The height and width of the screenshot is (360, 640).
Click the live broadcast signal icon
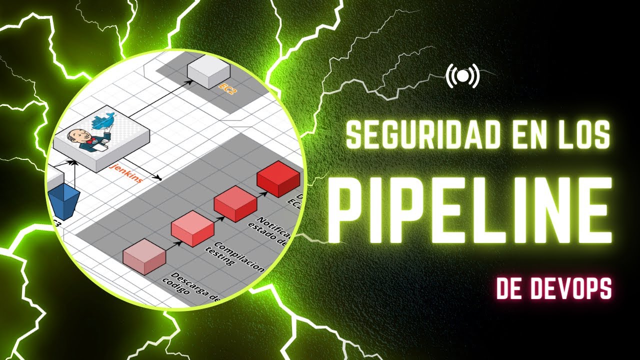pyautogui.click(x=462, y=76)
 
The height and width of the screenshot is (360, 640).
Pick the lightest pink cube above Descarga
pyautogui.click(x=144, y=256)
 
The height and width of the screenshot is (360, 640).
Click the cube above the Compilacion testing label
pyautogui.click(x=192, y=228)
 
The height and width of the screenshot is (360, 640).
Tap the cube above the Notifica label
pyautogui.click(x=235, y=203)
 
